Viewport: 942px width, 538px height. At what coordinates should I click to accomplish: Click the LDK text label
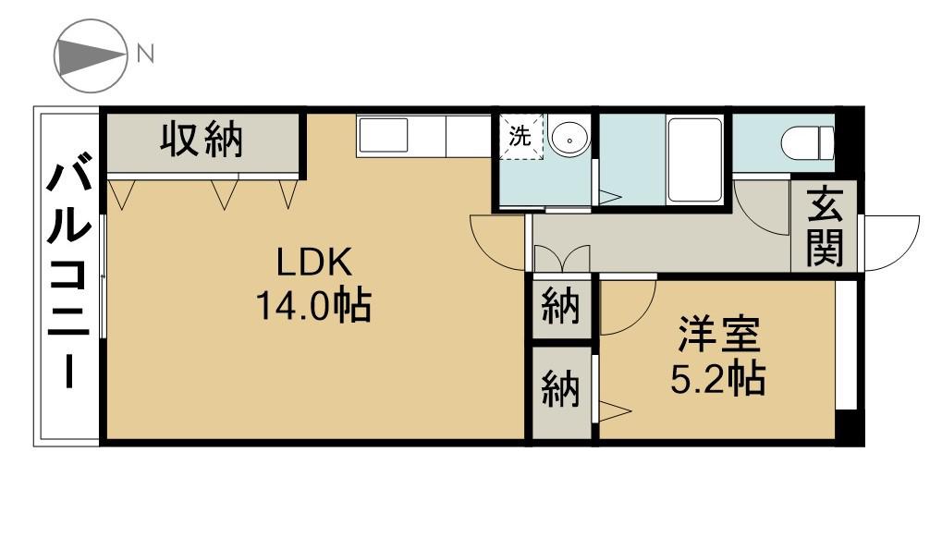[x=314, y=263]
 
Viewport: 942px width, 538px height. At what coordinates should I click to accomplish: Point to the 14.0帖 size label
[x=314, y=305]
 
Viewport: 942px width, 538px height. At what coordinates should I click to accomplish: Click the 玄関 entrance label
[x=824, y=226]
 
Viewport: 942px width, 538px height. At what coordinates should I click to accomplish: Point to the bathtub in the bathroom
[x=694, y=159]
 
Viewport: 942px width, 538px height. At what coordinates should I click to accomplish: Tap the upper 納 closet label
[x=560, y=308]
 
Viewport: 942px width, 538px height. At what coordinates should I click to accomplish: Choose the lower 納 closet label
[x=560, y=390]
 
